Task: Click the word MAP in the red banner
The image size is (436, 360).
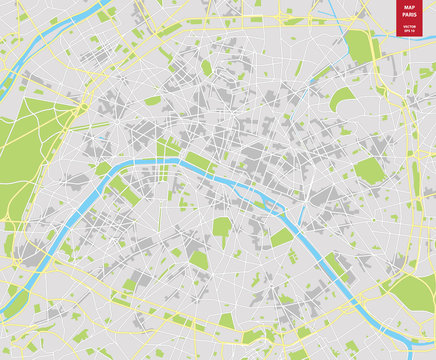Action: click(x=408, y=8)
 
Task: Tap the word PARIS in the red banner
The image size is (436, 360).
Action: click(x=408, y=15)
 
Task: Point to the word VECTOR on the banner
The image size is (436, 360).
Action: click(x=408, y=27)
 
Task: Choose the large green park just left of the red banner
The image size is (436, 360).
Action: click(x=358, y=45)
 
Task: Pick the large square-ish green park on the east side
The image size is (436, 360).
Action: click(x=369, y=169)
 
